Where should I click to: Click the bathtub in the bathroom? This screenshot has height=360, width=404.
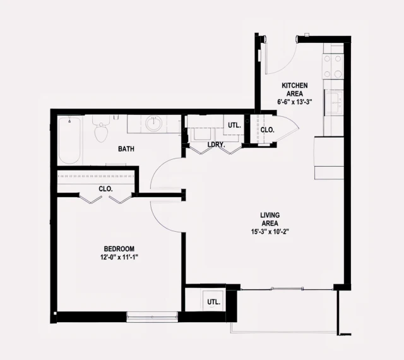(69, 140)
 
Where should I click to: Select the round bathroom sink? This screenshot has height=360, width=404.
(153, 124)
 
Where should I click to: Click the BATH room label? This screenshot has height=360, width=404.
(129, 150)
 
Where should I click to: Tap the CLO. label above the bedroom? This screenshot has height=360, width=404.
(105, 189)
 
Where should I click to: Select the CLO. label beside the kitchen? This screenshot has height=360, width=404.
(268, 130)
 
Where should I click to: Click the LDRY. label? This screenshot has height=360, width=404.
(217, 145)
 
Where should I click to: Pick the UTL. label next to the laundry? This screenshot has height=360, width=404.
(234, 125)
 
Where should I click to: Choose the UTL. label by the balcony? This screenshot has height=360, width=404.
(213, 302)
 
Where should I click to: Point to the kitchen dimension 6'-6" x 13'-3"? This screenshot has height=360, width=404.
(295, 102)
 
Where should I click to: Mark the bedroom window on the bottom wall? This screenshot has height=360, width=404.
(152, 316)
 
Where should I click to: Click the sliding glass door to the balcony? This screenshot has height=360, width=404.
(287, 289)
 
